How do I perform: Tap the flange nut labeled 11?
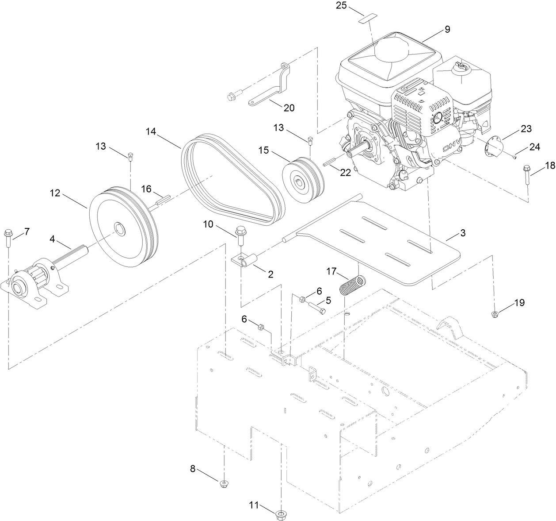280,514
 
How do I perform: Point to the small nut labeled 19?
495,314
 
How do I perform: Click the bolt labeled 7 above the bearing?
8,238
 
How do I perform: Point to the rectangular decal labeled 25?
368,18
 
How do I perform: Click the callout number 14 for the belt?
151,131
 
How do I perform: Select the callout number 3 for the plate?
463,233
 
